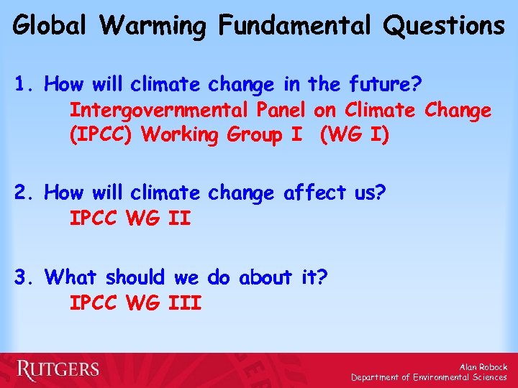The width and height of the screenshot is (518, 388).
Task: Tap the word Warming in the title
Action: pyautogui.click(x=153, y=26)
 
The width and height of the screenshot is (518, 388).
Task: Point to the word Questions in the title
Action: pyautogui.click(x=445, y=27)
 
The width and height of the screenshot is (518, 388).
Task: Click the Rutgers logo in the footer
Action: pyautogui.click(x=58, y=370)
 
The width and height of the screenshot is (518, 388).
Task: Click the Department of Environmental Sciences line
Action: pyautogui.click(x=429, y=377)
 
